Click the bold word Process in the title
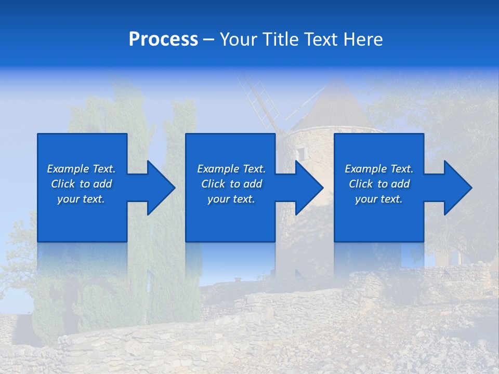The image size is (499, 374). (x=163, y=39)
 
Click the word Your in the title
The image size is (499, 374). (x=239, y=39)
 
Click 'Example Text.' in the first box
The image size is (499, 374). (x=81, y=169)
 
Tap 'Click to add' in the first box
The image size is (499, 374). (x=81, y=184)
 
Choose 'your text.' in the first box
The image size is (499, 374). (x=81, y=199)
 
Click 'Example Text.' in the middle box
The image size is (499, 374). (x=231, y=169)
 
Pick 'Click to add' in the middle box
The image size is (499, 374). (x=231, y=184)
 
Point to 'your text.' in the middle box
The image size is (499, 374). (x=231, y=199)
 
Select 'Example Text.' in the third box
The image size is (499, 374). (x=379, y=169)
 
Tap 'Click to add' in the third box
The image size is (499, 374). (x=379, y=184)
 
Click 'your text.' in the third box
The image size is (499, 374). (x=379, y=199)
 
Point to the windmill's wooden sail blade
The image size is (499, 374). (x=255, y=99)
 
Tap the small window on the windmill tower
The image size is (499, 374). (x=301, y=153)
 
